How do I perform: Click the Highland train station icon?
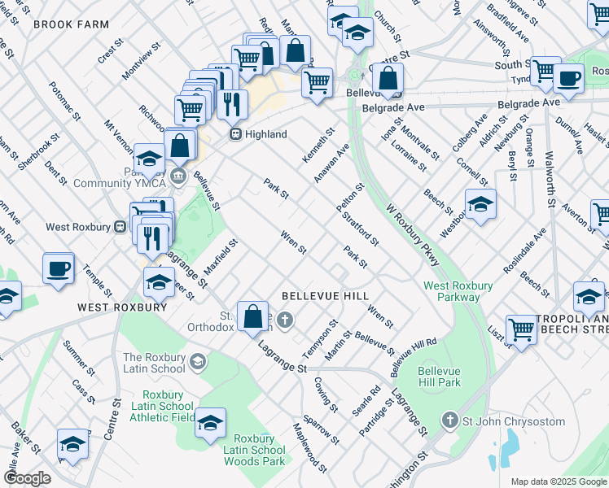[234, 134]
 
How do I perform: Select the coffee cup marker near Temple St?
[59, 269]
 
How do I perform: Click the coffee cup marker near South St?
[568, 79]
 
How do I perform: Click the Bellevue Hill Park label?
[439, 376]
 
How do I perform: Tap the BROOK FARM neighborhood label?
[71, 25]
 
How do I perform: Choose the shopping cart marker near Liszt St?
[521, 330]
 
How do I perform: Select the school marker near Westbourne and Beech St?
[480, 204]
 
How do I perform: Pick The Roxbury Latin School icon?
[197, 359]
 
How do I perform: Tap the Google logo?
[27, 478]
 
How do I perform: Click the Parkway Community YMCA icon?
[179, 174]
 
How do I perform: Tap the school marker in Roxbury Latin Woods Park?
[210, 424]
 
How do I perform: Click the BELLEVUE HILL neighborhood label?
[325, 296]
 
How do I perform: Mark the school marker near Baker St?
[72, 444]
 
